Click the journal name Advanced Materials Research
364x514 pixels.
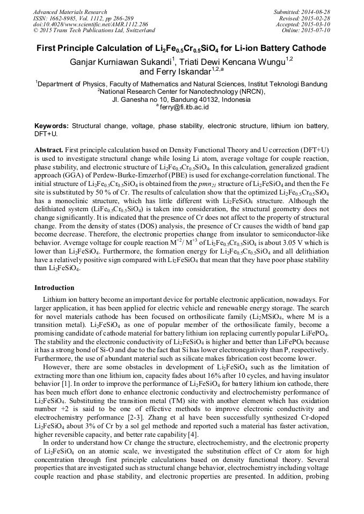[70, 12]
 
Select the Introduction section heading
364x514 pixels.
[54, 288]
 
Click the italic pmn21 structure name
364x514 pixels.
[192, 185]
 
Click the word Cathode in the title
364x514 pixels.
[309, 49]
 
